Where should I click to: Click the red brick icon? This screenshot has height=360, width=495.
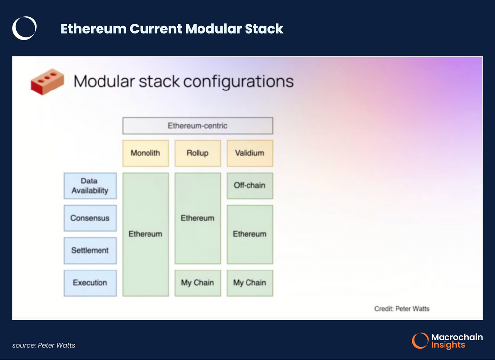47,82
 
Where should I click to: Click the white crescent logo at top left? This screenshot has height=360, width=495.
24,28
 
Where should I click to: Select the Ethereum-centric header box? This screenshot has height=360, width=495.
198,126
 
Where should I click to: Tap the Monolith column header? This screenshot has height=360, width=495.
146,153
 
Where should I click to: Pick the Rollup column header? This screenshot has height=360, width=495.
198,153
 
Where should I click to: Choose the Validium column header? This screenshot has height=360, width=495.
249,153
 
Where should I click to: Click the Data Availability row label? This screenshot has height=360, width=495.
90,186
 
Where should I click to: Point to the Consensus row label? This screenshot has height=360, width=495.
90,218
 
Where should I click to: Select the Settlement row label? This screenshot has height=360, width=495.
90,250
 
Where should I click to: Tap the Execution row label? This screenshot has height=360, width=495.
90,283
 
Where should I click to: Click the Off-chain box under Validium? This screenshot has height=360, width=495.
249,186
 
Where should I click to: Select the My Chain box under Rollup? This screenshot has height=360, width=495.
198,283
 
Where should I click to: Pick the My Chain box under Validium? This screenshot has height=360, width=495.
249,283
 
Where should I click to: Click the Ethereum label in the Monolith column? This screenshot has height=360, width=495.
146,234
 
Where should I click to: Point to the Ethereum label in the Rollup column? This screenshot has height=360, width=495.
198,218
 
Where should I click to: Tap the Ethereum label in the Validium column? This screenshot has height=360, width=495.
249,234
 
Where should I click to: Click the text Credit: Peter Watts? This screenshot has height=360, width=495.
401,309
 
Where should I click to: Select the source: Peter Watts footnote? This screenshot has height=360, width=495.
44,345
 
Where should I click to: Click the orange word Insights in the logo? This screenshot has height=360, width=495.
448,345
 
